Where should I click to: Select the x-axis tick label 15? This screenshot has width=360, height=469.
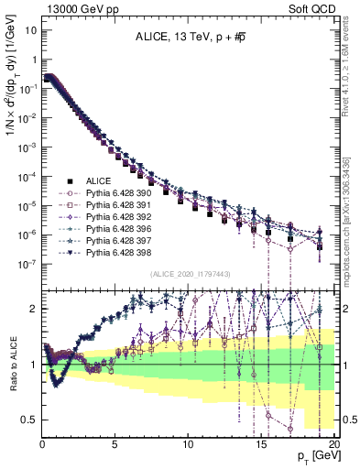[x=261, y=444]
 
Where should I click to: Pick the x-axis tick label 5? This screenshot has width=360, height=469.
[x=115, y=444]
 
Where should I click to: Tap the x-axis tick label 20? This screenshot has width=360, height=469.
[x=333, y=444]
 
